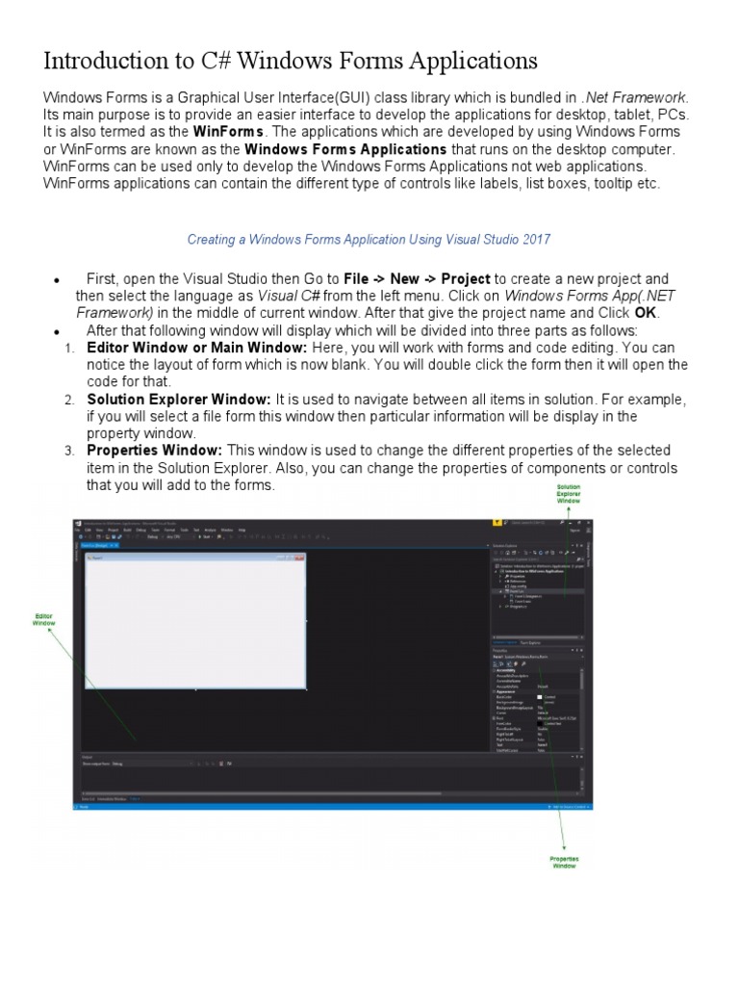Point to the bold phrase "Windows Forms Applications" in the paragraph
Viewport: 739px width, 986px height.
(345, 149)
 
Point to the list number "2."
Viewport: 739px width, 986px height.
(69, 400)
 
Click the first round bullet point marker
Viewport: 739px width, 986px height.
(57, 280)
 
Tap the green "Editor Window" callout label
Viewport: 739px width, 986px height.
(44, 619)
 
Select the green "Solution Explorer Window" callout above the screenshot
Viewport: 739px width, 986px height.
(569, 494)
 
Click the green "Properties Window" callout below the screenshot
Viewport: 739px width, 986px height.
(564, 862)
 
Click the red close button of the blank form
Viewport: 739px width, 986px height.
(299, 558)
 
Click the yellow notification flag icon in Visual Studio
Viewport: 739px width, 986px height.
(497, 522)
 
